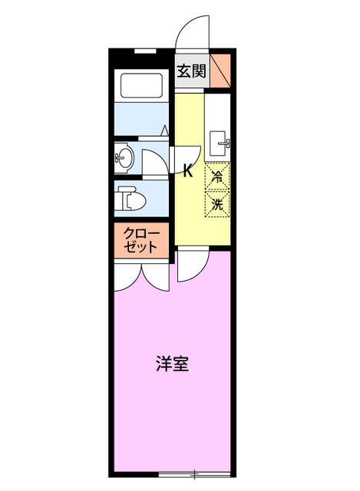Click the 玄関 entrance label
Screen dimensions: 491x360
(191, 71)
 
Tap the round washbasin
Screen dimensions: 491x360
(124, 159)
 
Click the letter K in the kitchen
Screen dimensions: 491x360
(188, 172)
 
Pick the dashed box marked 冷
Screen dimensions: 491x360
(217, 176)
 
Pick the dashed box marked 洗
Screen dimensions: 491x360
(217, 204)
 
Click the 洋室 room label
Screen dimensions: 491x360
(171, 364)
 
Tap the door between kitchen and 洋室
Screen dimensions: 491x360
(189, 266)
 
